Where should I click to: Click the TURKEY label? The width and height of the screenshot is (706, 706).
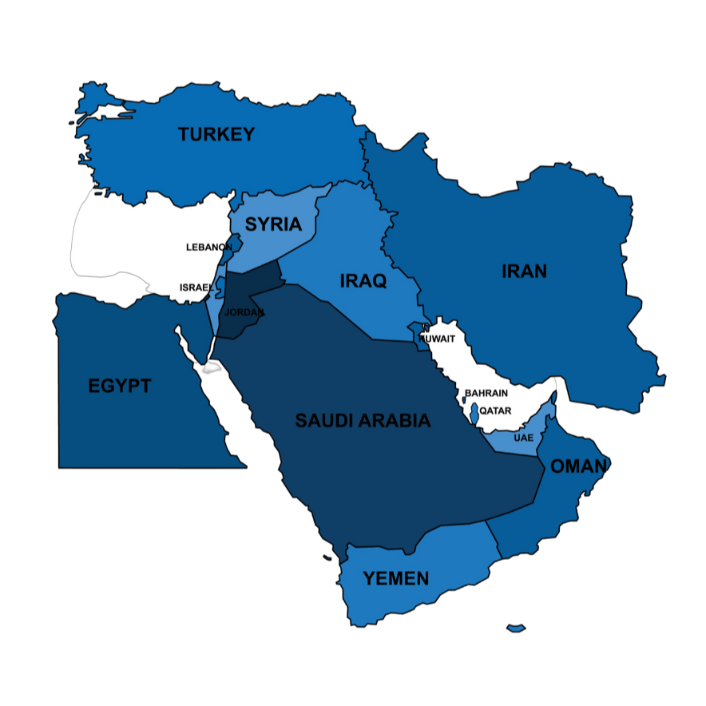point(216,134)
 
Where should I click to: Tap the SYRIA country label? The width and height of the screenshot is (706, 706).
point(272,224)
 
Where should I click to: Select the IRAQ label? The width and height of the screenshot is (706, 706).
point(363,281)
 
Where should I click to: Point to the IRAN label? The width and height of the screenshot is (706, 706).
point(524,272)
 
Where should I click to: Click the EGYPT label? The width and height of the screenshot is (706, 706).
point(119,387)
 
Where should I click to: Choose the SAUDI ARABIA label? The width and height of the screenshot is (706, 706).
point(363,421)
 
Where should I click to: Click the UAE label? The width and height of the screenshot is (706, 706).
point(523,438)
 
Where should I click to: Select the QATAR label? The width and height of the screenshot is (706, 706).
point(495,411)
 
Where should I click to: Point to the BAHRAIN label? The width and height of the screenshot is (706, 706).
point(486,394)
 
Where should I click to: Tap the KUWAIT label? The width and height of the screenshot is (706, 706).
point(437,339)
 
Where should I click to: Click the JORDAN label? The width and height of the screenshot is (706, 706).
point(244,312)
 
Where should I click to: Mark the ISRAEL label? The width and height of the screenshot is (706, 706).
point(196,288)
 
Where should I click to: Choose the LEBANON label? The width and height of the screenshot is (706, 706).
point(208,247)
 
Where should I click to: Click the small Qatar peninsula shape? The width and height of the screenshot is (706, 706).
point(475,413)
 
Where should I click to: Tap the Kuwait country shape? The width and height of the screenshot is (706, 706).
point(418,334)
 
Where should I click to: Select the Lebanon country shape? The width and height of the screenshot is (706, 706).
point(233,246)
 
